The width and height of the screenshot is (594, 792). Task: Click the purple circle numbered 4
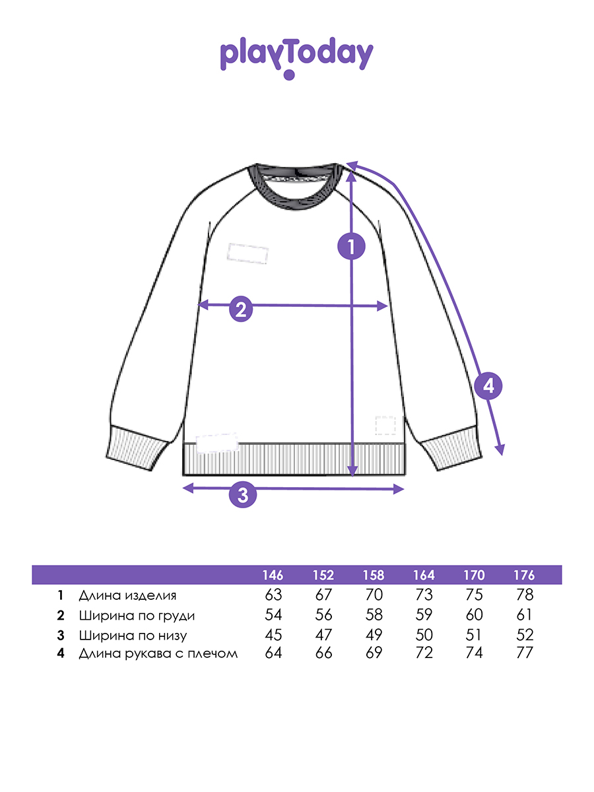tap(488, 386)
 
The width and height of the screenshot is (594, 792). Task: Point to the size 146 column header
tap(273, 575)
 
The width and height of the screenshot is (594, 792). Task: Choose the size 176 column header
tap(524, 575)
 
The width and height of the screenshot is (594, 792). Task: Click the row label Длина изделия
tap(127, 595)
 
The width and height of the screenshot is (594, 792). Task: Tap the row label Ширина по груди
tap(137, 616)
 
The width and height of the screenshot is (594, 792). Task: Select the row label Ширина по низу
tap(133, 636)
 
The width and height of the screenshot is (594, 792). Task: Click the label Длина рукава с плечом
tap(158, 654)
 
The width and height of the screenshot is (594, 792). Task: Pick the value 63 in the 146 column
tap(273, 595)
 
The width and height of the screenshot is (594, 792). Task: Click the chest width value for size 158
tap(374, 616)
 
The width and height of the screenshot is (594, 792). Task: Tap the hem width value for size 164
tap(424, 636)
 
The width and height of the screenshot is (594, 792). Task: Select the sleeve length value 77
tap(524, 654)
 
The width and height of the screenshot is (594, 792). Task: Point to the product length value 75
tap(474, 595)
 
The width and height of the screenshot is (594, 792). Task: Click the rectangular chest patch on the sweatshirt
tap(247, 253)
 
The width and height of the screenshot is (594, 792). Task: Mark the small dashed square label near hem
tap(385, 425)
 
